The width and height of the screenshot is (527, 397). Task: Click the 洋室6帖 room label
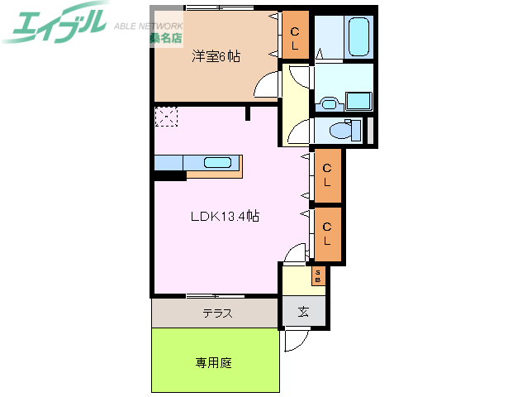[216, 57]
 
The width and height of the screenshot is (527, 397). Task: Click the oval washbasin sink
[328, 103]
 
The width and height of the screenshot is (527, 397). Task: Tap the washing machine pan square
[358, 101]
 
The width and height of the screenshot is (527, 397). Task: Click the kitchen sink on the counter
[218, 162]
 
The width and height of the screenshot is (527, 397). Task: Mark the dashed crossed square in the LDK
[165, 117]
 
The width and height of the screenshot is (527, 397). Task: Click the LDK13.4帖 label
[226, 217]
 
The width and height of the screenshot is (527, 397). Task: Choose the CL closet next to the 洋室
[295, 36]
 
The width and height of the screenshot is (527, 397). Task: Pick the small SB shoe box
[318, 275]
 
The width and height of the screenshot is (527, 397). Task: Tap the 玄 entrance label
[303, 312]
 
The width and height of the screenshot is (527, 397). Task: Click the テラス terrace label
[217, 313]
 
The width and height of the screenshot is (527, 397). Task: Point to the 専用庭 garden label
[213, 362]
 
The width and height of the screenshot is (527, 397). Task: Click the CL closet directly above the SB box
[327, 233]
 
